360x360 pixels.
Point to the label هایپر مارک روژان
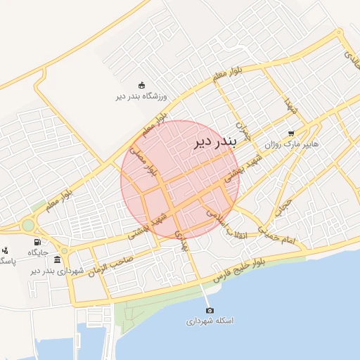coord(292,144)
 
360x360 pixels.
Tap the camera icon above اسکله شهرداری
coord(209,310)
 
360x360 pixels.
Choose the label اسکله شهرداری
coord(209,321)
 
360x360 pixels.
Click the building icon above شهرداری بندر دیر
coord(57,259)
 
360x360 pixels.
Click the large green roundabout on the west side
coord(28,225)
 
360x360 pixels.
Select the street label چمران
coord(243,128)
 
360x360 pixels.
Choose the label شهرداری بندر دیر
coord(57,271)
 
